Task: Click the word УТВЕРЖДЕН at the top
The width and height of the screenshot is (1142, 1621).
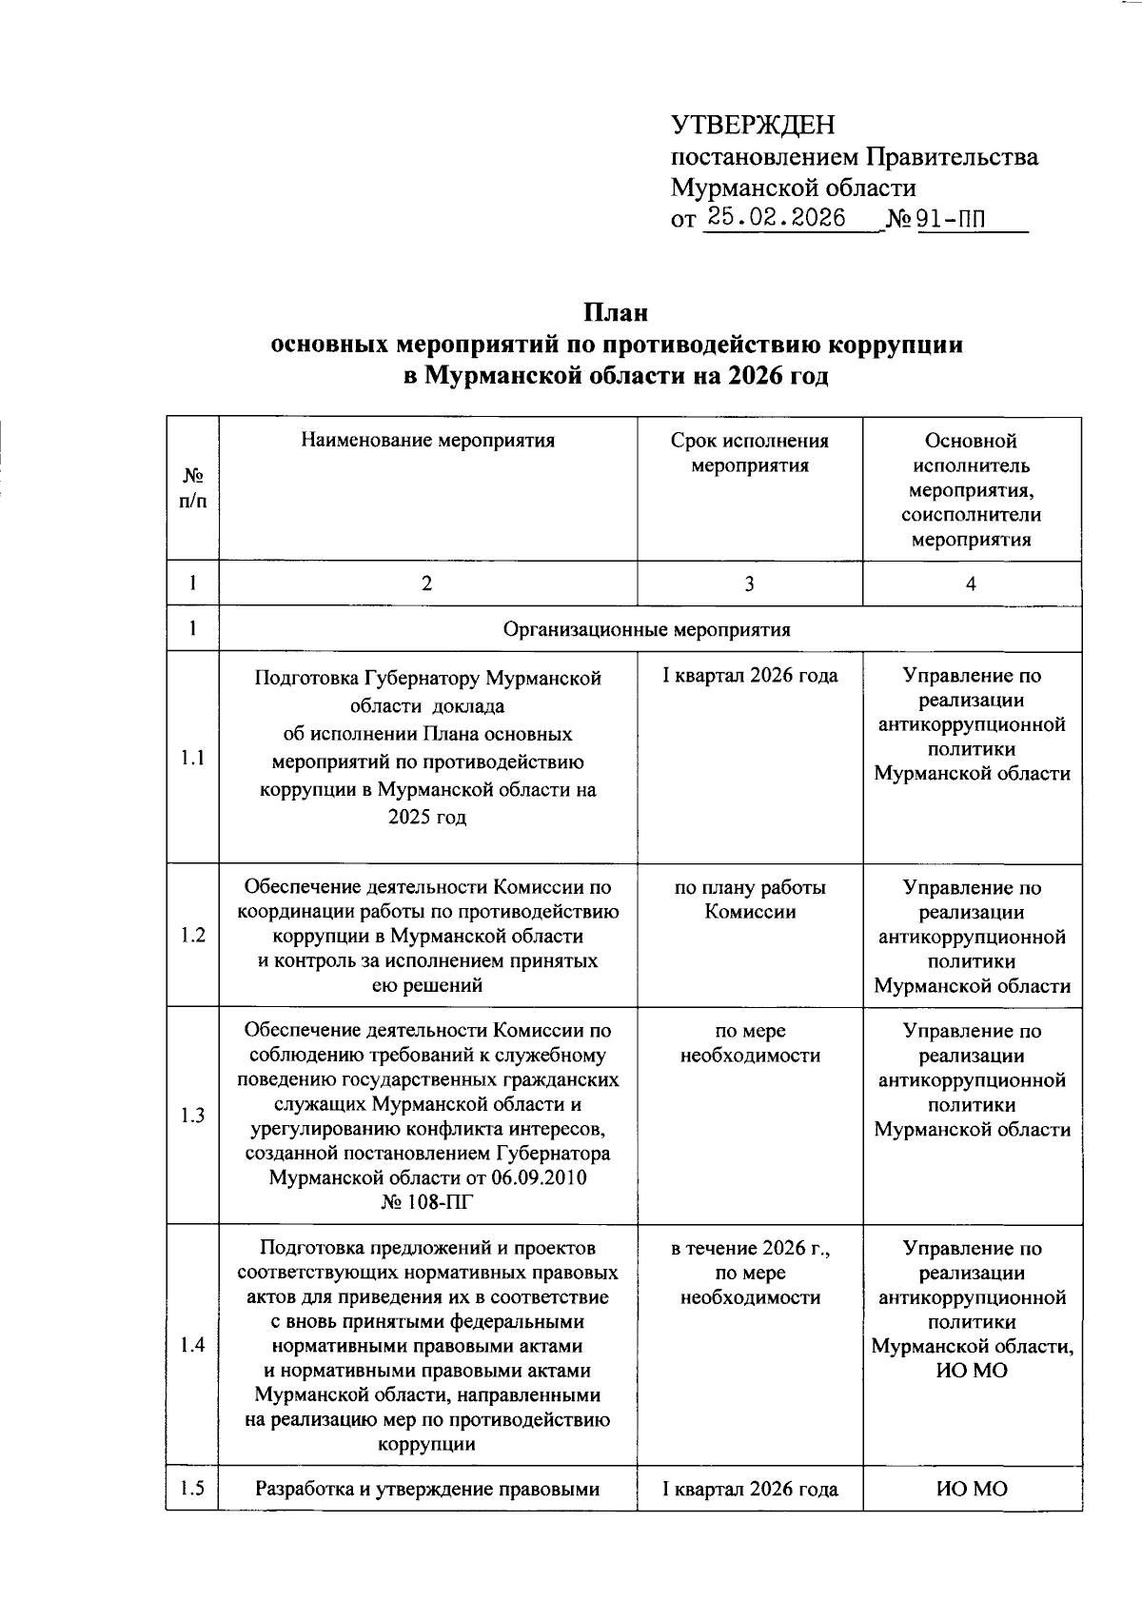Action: coord(752,126)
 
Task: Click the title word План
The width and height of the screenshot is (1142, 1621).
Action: coord(616,312)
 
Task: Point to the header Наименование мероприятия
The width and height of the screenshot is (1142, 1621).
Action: coord(427,441)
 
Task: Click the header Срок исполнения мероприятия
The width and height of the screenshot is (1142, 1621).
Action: coord(749,453)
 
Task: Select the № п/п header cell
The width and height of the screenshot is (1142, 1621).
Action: coord(193,487)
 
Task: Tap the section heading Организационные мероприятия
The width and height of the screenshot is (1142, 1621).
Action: coord(647,629)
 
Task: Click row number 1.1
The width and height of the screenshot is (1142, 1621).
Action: coord(193,758)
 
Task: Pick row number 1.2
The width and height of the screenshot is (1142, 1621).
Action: coord(193,936)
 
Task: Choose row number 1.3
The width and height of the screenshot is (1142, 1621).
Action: coord(193,1116)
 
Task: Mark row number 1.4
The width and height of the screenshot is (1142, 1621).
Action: coord(193,1345)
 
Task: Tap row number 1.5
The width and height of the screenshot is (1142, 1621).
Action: coord(193,1489)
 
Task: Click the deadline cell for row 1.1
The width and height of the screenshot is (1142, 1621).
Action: coord(750,676)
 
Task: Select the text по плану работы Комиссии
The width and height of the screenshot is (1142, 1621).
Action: coord(750,899)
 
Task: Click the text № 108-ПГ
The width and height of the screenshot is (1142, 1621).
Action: coord(427,1202)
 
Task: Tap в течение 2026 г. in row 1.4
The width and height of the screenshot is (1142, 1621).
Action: coord(750,1248)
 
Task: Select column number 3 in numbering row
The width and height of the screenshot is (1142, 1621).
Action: coord(750,583)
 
